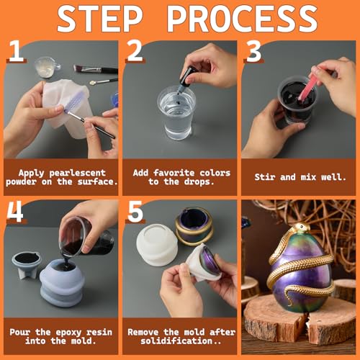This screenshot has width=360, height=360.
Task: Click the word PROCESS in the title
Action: (x=242, y=19)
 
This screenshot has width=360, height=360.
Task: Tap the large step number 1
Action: (x=16, y=51)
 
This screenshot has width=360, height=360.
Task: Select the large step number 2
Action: (x=135, y=50)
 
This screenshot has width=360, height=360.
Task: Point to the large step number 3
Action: (x=253, y=51)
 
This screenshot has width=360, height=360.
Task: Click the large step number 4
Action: (x=15, y=211)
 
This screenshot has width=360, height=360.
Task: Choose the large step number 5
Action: (x=135, y=211)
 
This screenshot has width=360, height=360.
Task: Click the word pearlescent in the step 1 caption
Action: (x=77, y=174)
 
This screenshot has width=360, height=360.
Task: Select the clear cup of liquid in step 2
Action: (x=176, y=112)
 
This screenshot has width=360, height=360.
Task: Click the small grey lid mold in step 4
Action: (x=27, y=264)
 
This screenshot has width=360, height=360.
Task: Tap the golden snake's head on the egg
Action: (x=301, y=228)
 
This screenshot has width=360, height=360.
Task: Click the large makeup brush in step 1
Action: (x=96, y=69)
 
